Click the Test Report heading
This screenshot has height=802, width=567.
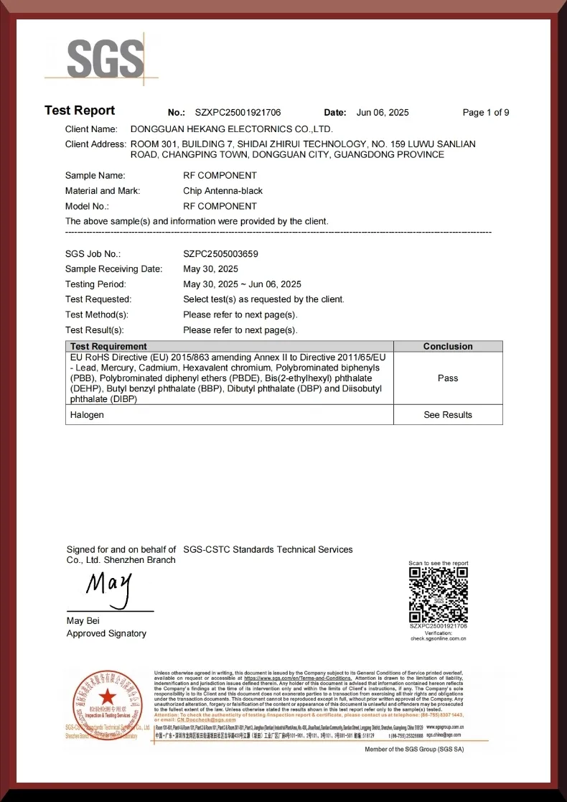coord(80,111)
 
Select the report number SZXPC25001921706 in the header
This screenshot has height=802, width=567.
coord(238,113)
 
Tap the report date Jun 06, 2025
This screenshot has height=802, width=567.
coord(383,113)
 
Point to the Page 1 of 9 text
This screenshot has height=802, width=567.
coord(486,113)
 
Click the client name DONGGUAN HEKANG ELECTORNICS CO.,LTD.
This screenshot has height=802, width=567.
coord(232,129)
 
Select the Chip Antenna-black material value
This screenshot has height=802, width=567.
coord(222,191)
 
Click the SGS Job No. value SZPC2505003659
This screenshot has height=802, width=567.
coord(220,254)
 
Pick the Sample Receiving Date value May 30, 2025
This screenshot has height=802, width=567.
coord(210,269)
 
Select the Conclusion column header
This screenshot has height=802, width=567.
coord(448,346)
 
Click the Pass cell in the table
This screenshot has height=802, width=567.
coord(448,378)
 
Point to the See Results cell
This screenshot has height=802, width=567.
coord(448,415)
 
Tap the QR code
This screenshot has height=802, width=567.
coord(438,594)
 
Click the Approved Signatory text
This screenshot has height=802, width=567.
coord(106,633)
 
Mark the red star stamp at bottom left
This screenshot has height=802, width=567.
coord(107,696)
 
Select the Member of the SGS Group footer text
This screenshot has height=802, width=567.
coord(414,749)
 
